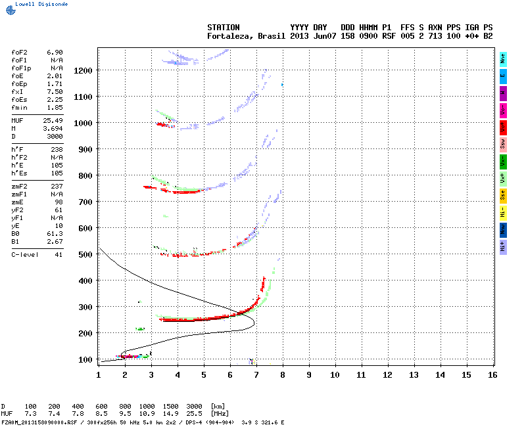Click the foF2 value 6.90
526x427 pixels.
tap(55, 51)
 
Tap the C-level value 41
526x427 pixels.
tap(59, 254)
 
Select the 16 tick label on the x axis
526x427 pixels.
tap(492, 374)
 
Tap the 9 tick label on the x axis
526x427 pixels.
tap(308, 374)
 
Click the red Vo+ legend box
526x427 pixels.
tap(503, 126)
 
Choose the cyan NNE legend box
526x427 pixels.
tap(503, 58)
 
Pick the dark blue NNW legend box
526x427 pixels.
tap(503, 229)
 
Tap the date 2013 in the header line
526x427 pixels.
tap(300, 35)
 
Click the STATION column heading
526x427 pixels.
tap(224, 27)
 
